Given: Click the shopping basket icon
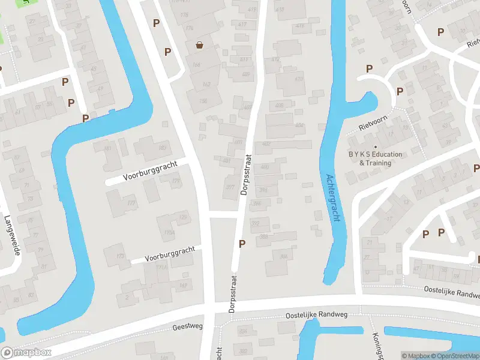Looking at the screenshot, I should [x=199, y=45].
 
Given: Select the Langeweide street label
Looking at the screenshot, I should [x=13, y=235].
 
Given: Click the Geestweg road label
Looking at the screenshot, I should [x=188, y=326].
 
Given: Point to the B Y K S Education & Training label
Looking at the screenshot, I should [x=376, y=158].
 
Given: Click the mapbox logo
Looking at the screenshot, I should [x=26, y=353].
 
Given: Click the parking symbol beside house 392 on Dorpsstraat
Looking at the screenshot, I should [x=242, y=244].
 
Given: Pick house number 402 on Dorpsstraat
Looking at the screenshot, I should [x=266, y=144].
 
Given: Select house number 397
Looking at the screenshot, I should [x=230, y=187].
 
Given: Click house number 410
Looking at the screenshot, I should [x=299, y=79].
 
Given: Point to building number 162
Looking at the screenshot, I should [x=206, y=84].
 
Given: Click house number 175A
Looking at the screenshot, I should [x=169, y=233].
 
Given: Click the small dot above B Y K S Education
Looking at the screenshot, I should [x=376, y=146].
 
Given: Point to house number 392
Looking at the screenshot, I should [x=255, y=223].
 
